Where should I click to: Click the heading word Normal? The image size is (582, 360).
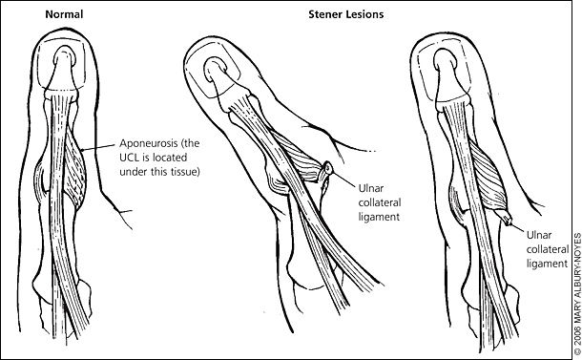click(x=64, y=14)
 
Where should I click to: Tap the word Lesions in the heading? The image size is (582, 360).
click(x=364, y=14)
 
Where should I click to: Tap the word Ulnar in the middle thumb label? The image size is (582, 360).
click(x=371, y=188)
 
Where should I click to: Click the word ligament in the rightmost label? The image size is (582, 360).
click(x=547, y=265)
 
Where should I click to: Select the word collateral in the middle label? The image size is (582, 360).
click(x=380, y=202)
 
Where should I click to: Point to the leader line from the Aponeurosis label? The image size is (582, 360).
click(x=98, y=147)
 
